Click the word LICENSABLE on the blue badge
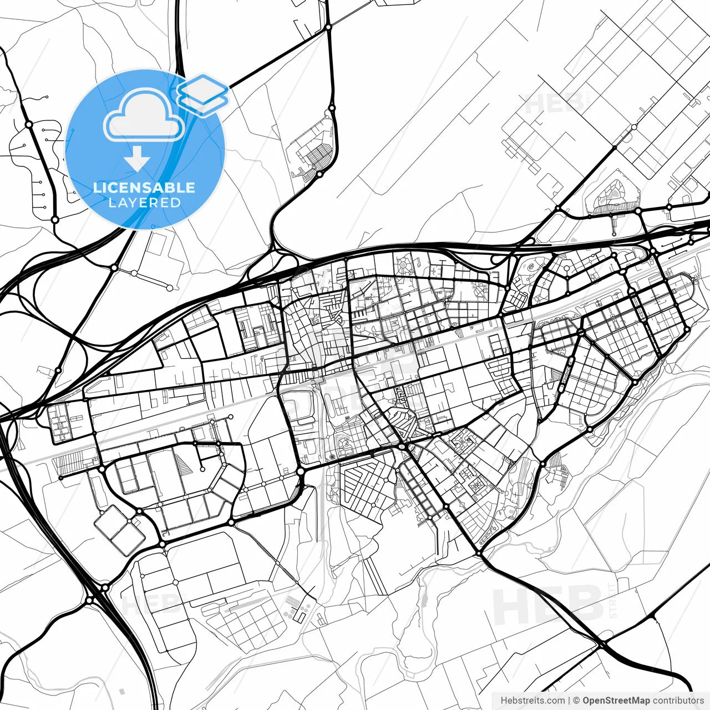[x=144, y=187]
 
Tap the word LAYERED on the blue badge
[x=144, y=202]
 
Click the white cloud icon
[x=144, y=115]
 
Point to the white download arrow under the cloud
[x=137, y=160]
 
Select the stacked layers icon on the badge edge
[x=203, y=94]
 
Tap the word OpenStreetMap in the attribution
[x=616, y=701]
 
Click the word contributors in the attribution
[x=678, y=701]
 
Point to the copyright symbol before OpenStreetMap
[x=576, y=701]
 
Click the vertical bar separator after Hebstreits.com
[x=569, y=701]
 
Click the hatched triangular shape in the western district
[x=184, y=460]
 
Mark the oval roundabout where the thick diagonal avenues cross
[x=402, y=445]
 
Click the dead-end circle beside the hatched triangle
[x=202, y=469]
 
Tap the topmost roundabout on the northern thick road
[x=328, y=27]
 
